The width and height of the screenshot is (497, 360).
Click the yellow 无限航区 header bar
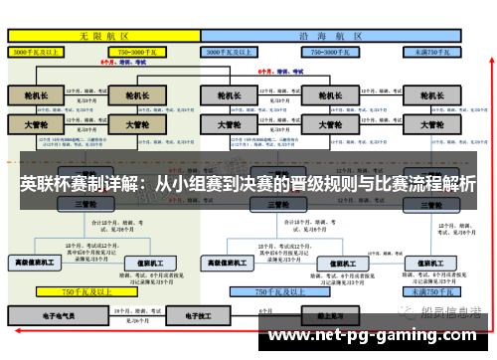click(103, 35)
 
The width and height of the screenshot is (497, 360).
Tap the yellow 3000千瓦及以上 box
click(37, 51)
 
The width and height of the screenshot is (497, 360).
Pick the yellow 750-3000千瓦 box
click(138, 51)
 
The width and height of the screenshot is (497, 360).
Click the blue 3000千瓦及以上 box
click(228, 51)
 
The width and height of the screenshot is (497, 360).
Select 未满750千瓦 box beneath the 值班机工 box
click(433, 291)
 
